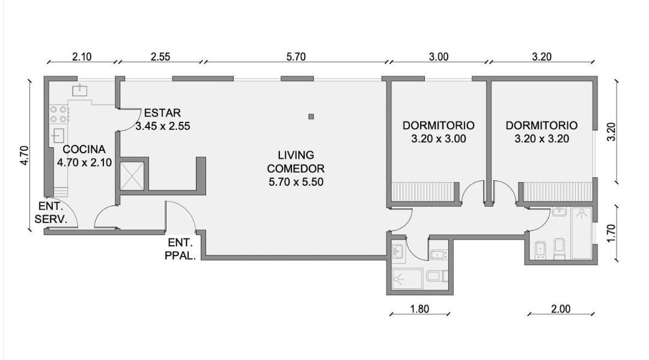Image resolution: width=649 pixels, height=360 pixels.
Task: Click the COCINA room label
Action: (84, 150)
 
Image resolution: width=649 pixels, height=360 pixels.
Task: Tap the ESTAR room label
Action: (162, 113)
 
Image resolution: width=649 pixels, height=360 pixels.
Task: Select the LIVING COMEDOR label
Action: (296, 162)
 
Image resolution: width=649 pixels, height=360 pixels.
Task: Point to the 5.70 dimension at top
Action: (296, 56)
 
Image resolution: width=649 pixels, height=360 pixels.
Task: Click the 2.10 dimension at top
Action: (82, 56)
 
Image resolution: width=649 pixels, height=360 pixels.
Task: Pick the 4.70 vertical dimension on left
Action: (25, 156)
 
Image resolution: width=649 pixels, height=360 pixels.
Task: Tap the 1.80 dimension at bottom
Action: (419, 309)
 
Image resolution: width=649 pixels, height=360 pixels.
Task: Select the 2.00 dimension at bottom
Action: (561, 309)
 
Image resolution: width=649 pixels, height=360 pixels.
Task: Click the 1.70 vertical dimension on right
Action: (612, 233)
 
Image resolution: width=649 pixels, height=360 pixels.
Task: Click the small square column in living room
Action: (311, 117)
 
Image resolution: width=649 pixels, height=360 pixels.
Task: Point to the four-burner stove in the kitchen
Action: (59, 115)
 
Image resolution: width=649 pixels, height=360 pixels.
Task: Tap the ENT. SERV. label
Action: (50, 213)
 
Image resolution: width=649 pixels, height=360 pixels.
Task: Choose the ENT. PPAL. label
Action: (180, 249)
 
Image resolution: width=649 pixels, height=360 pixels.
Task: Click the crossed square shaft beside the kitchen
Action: (132, 176)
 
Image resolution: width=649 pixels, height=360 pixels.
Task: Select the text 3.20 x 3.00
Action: (438, 139)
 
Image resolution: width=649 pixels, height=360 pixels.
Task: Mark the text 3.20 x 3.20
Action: (542, 139)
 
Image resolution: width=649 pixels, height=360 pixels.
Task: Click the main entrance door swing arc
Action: (185, 210)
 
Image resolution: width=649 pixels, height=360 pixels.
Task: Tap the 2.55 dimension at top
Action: (160, 56)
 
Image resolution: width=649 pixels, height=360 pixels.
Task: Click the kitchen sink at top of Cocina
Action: (79, 90)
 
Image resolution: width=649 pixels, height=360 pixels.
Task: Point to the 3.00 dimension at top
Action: (438, 56)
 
